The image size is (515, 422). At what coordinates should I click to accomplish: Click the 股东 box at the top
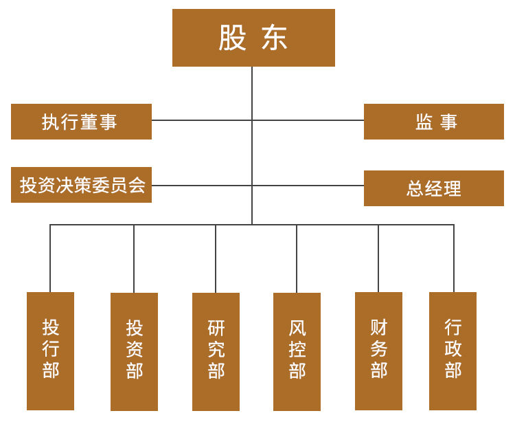[253, 38]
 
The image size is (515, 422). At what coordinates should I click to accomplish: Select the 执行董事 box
[81, 122]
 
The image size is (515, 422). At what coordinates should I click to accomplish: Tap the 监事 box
[434, 122]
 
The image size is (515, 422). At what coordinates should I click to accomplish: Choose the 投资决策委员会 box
[81, 185]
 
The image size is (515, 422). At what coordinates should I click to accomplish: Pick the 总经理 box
[434, 188]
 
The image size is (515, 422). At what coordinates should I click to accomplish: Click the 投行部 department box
[50, 351]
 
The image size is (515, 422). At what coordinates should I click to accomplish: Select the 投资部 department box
[134, 351]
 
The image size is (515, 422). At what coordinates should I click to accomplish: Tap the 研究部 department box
[216, 351]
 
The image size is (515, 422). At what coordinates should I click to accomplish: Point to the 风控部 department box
[297, 351]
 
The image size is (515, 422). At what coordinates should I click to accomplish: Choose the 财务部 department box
[378, 351]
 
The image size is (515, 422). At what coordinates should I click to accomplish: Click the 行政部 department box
[453, 351]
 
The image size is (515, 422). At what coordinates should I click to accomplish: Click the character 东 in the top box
[275, 38]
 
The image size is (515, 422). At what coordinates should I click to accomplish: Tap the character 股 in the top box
[232, 38]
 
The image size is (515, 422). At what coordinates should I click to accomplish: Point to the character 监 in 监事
[424, 122]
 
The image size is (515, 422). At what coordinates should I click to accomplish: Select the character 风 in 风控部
[297, 328]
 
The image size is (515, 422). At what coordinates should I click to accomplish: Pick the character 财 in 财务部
[379, 326]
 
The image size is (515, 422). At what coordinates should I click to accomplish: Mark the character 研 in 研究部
[216, 328]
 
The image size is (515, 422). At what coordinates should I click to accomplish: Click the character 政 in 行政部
[453, 348]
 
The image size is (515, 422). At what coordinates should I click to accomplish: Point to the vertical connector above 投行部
[50, 258]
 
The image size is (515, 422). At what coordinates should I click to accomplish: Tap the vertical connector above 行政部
[454, 258]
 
